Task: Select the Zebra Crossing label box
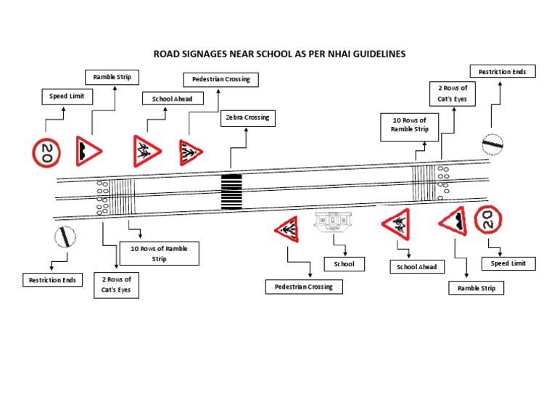point(247,118)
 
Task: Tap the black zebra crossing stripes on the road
point(231,192)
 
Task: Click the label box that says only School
point(344,264)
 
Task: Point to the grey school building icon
point(332,221)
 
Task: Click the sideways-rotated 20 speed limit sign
point(46,152)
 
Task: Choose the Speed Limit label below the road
point(508,263)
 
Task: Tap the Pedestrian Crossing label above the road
point(220,79)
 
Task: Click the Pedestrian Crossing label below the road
point(304,287)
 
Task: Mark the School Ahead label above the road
point(172,99)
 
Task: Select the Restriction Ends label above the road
point(503,71)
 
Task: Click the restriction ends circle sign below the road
point(64,237)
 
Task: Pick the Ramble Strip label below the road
point(475,288)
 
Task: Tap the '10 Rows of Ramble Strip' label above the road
point(410,125)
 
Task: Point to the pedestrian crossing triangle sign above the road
point(190,152)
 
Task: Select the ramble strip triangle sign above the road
point(89,150)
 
